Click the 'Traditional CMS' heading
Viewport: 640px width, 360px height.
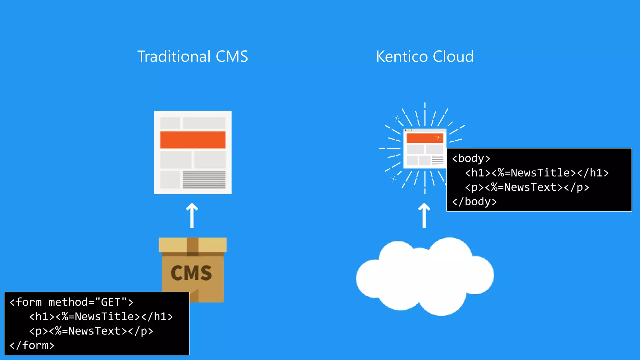pos(192,57)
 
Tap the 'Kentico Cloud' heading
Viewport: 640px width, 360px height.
pos(425,57)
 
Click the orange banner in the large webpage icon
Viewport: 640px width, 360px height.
pos(192,140)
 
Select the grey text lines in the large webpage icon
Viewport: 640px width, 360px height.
pos(204,179)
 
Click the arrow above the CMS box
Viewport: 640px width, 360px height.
pos(192,215)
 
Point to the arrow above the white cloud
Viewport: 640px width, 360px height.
pos(424,215)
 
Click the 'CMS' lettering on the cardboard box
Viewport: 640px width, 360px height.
pos(191,273)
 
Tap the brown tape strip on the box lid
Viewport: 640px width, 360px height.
pos(192,246)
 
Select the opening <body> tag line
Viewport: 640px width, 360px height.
pos(471,158)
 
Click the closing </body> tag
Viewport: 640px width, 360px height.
pos(474,202)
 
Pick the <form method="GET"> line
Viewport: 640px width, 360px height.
pos(71,302)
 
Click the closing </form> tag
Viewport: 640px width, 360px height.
pos(32,345)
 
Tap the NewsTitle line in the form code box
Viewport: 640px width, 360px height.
pos(101,317)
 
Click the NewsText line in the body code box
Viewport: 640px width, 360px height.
pos(527,187)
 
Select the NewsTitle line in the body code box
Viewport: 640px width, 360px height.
pos(537,173)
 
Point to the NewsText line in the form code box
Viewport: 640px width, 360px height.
pos(91,331)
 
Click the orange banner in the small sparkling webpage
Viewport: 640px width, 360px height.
pos(424,138)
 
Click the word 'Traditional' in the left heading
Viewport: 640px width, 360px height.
pos(174,57)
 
